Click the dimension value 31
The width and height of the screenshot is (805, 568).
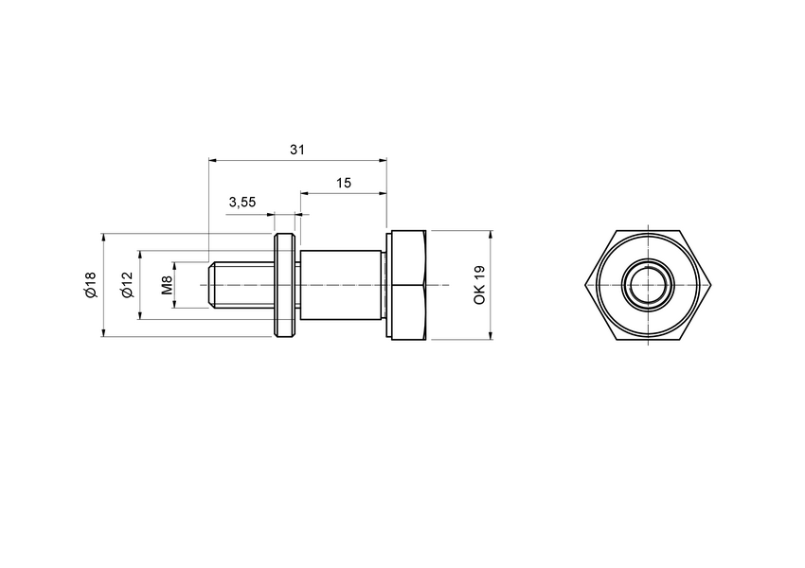(297, 150)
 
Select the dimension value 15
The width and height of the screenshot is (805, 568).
(343, 183)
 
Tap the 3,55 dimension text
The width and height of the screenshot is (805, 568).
(241, 203)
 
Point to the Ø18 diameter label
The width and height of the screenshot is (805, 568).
(90, 284)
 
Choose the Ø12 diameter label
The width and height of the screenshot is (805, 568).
(127, 284)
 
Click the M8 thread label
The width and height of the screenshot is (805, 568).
(166, 284)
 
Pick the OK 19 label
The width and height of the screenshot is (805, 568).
(479, 284)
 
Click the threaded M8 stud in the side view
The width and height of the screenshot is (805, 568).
(241, 284)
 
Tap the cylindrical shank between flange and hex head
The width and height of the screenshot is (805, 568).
(341, 284)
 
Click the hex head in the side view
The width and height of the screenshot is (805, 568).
(407, 284)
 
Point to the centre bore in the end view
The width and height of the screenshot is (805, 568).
(649, 284)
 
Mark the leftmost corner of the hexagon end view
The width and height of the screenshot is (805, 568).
(586, 284)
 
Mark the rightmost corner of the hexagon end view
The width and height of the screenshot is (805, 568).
(712, 284)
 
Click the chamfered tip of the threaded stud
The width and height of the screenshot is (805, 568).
(211, 284)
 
